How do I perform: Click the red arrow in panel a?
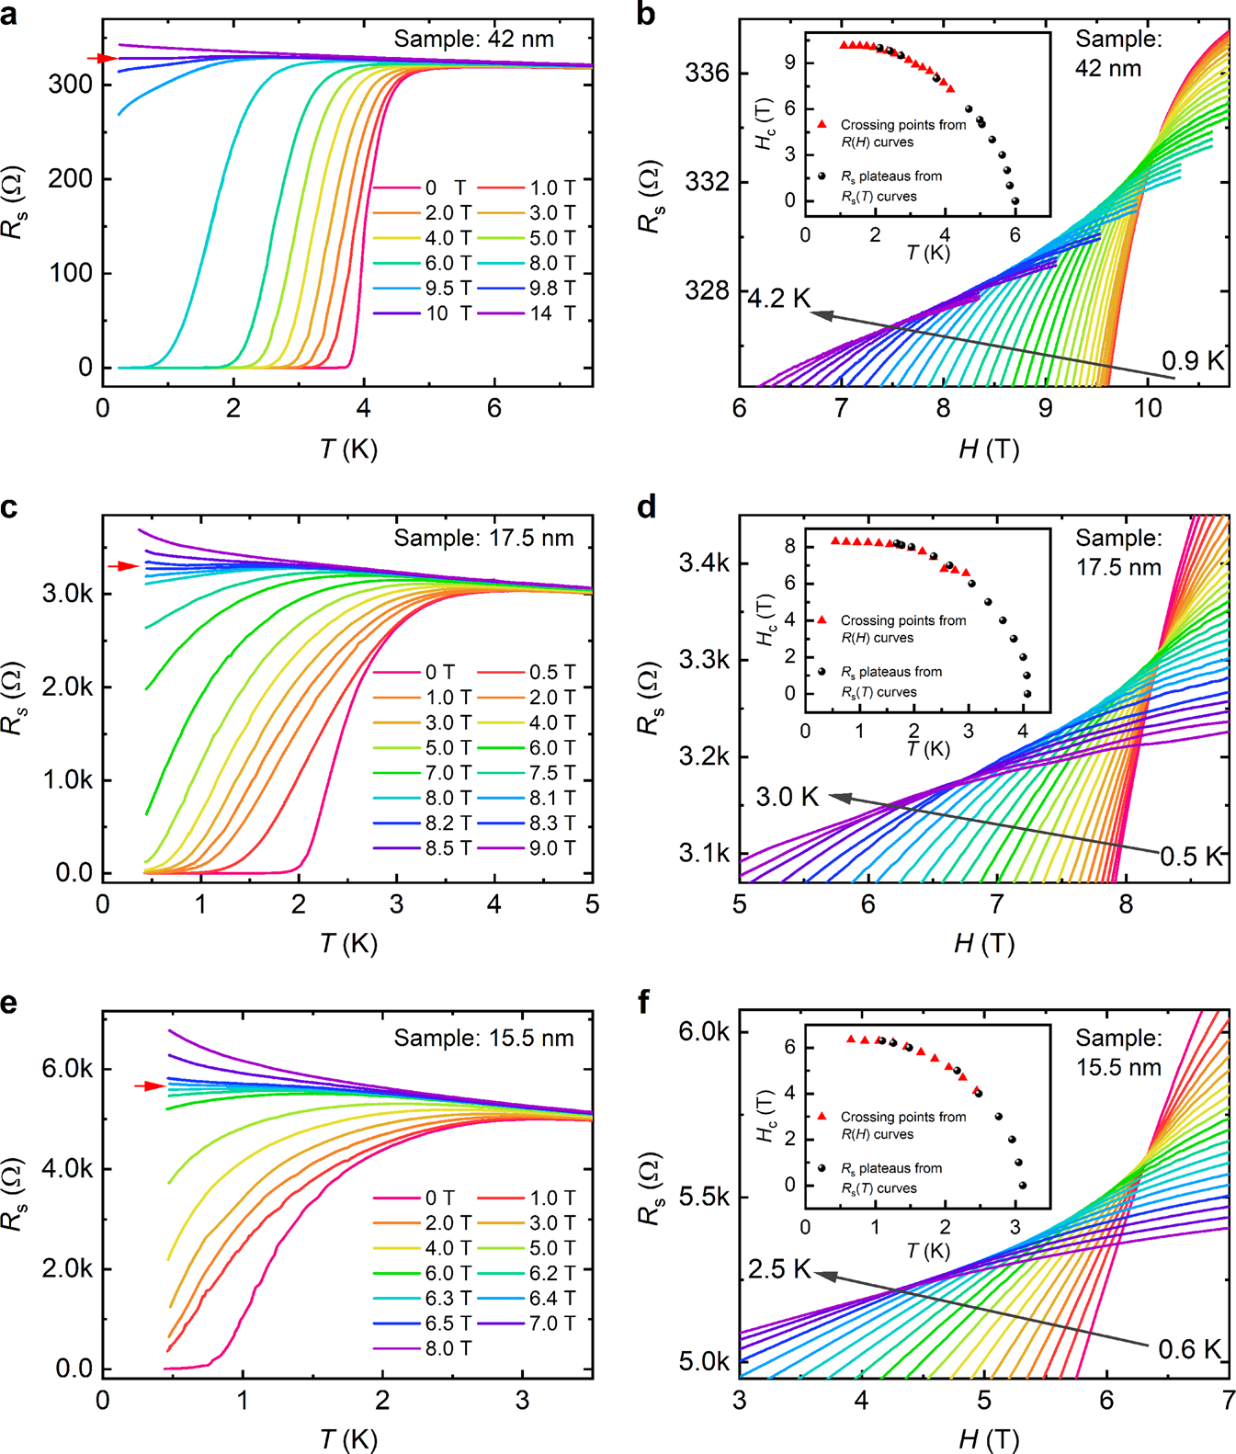(x=102, y=59)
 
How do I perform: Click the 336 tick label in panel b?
(x=707, y=74)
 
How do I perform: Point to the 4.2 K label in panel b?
(x=779, y=299)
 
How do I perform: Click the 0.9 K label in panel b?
(x=1193, y=361)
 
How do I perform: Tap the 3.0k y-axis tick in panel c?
(x=67, y=594)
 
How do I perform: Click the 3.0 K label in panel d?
(x=787, y=797)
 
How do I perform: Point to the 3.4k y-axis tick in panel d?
(x=704, y=562)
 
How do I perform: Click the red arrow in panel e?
(x=150, y=1086)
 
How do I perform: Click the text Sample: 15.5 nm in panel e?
(x=483, y=1039)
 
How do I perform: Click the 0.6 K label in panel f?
(x=1189, y=1349)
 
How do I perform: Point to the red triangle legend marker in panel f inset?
(x=822, y=1116)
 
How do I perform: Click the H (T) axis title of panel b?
(x=988, y=449)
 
